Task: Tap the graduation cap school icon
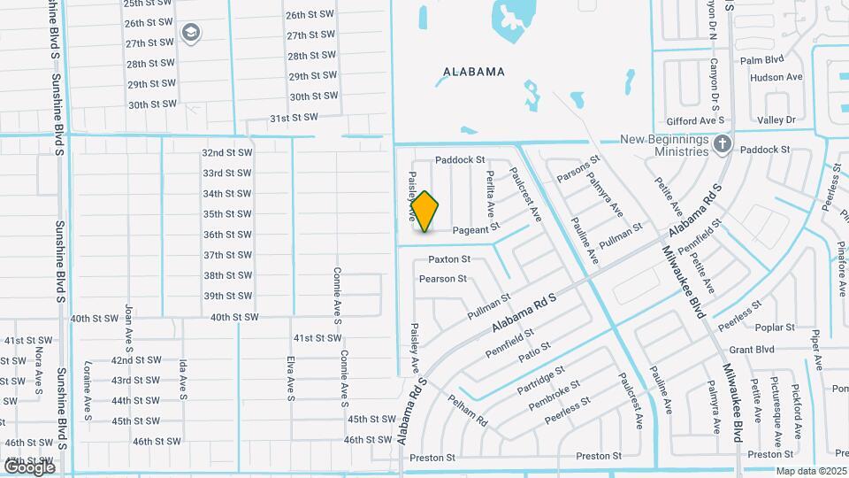[x=191, y=34]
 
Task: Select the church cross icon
[x=723, y=143]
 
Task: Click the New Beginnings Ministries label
[x=665, y=146]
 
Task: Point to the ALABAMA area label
[x=474, y=72]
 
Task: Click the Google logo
[x=29, y=466]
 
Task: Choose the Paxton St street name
[x=449, y=259]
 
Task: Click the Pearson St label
[x=443, y=279]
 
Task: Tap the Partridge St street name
[x=540, y=379]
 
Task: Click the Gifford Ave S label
[x=695, y=119]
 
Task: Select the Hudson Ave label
[x=776, y=78]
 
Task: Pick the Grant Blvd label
[x=752, y=350]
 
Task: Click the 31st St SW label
[x=294, y=118]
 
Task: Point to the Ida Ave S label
[x=183, y=379]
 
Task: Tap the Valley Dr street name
[x=776, y=119]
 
